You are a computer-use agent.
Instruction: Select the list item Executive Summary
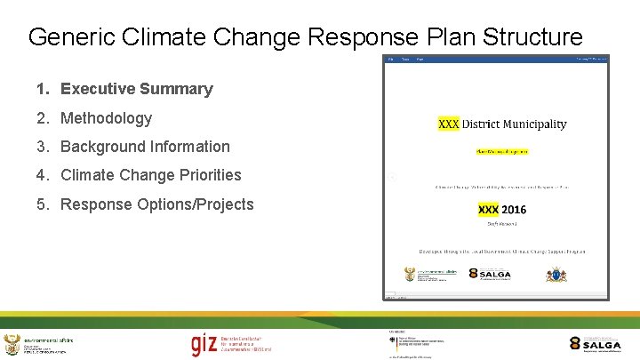click(x=137, y=89)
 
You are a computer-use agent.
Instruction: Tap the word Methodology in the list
click(x=107, y=118)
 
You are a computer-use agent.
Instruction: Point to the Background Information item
click(x=145, y=147)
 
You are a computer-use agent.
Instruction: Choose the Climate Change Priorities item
click(x=151, y=175)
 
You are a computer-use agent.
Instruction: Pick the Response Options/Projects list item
click(x=157, y=204)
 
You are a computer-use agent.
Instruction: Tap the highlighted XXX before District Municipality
click(x=449, y=124)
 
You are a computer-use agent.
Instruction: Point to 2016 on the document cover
click(x=513, y=210)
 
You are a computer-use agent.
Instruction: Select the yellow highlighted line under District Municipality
click(x=501, y=152)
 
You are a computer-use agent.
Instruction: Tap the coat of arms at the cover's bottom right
click(x=556, y=275)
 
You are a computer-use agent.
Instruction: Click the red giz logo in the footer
click(x=203, y=344)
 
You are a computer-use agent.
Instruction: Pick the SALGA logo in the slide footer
click(x=596, y=344)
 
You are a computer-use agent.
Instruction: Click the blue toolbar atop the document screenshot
click(x=497, y=60)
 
